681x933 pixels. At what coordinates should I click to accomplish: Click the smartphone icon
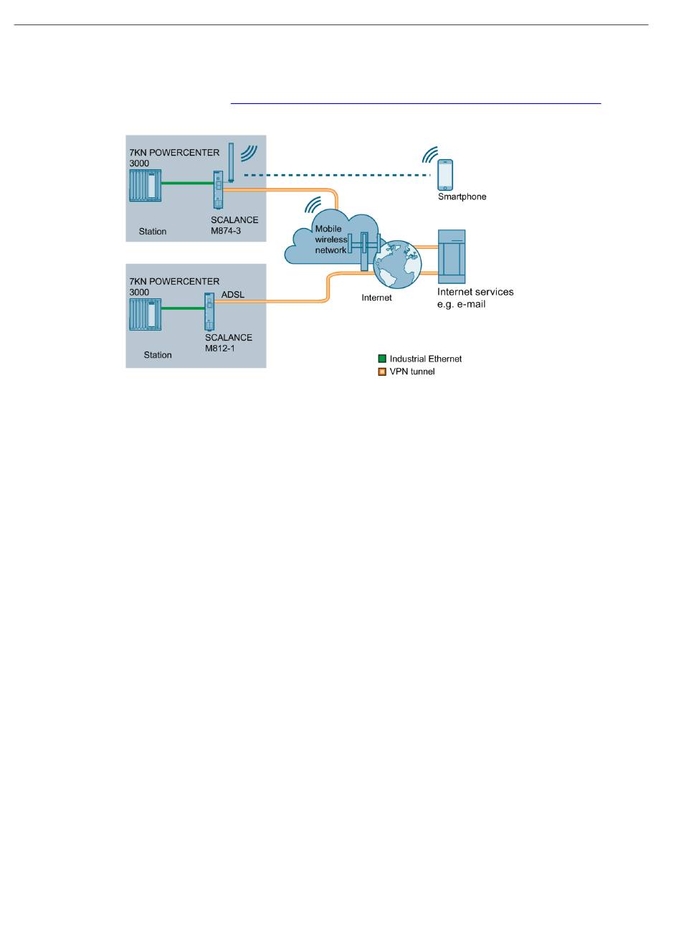[444, 175]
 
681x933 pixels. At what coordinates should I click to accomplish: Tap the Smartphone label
[462, 196]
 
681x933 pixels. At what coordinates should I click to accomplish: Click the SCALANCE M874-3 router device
[218, 189]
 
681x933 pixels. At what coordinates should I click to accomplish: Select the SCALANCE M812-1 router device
[209, 311]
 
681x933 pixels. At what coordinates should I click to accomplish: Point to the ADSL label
[233, 295]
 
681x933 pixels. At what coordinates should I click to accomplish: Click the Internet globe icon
[397, 265]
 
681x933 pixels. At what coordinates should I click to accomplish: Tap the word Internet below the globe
[376, 298]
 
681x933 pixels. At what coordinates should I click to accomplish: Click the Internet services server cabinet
[452, 257]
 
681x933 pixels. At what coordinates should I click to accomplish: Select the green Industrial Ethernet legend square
[381, 359]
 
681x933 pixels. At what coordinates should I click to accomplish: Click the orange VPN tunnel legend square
[381, 371]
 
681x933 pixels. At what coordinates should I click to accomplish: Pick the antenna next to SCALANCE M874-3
[231, 163]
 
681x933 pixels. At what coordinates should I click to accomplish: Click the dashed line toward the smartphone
[337, 175]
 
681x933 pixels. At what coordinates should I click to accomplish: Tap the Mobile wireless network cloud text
[331, 240]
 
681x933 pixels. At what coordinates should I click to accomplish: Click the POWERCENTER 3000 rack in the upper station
[146, 185]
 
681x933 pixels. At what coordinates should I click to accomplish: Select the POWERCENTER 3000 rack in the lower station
[146, 315]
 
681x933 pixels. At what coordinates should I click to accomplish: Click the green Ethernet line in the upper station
[187, 183]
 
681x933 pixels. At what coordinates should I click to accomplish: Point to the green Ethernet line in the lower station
[183, 308]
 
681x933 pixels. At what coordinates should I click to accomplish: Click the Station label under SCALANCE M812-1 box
[157, 355]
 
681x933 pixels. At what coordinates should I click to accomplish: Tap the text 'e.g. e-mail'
[461, 305]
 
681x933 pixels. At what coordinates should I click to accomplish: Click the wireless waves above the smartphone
[429, 154]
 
